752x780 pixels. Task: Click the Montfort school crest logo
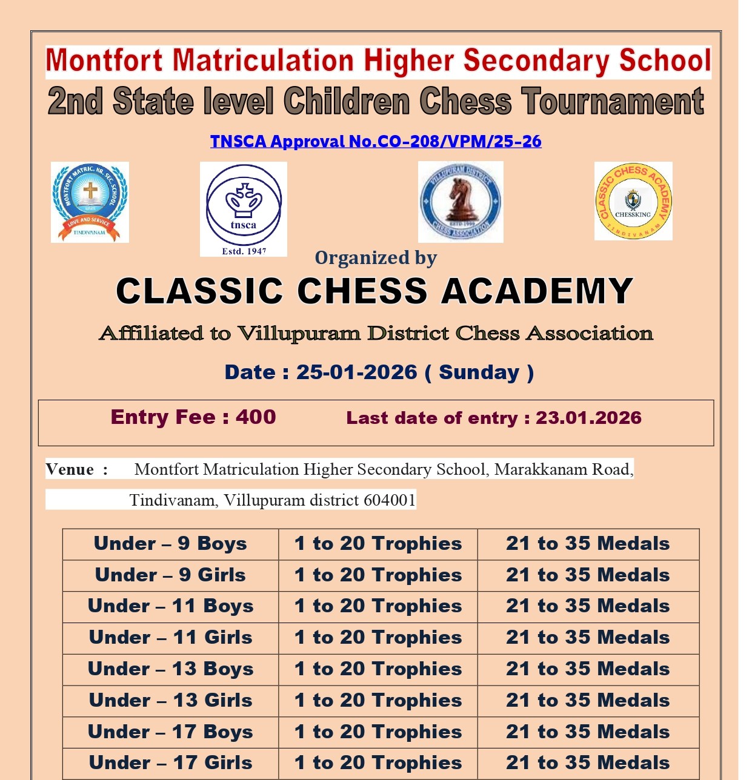(90, 202)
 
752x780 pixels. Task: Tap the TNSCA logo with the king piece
(244, 209)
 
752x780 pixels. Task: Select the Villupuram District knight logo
(461, 202)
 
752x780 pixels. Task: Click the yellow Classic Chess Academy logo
(633, 201)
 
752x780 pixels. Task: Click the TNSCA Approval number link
(376, 142)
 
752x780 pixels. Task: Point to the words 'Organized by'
(376, 258)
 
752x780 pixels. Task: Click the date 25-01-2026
(356, 372)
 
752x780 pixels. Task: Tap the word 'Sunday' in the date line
(479, 372)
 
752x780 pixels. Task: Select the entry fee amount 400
(256, 417)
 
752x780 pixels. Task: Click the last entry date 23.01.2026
(588, 418)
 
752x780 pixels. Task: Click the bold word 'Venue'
(70, 469)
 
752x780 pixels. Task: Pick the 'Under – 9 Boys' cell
(170, 544)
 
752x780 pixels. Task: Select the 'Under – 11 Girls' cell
(170, 638)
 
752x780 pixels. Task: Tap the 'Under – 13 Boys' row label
(170, 669)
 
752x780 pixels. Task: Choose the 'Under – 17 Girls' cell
(170, 763)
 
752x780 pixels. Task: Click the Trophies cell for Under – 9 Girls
(378, 575)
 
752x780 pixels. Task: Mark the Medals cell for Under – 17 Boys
(588, 732)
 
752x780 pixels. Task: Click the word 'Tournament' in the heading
(613, 102)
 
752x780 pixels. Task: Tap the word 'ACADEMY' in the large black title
(537, 291)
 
